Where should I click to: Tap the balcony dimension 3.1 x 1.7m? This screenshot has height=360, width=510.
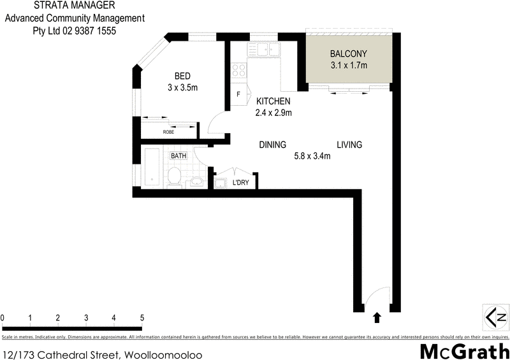coord(348,65)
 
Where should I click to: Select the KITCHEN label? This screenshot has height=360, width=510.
coord(273,101)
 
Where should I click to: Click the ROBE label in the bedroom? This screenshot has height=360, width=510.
coord(168,132)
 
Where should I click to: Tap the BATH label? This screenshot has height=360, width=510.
coord(178,155)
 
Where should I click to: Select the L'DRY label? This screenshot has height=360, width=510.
coord(240,183)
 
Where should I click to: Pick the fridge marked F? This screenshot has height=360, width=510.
coord(238,95)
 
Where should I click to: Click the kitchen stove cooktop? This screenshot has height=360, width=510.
coord(239,71)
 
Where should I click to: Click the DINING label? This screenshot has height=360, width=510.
coord(272,145)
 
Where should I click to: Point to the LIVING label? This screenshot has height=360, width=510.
coord(349,145)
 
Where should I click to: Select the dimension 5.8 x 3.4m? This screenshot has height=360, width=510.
coord(312,155)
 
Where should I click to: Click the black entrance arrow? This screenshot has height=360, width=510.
coord(376,316)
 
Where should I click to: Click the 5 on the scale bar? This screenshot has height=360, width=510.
coord(142,317)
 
